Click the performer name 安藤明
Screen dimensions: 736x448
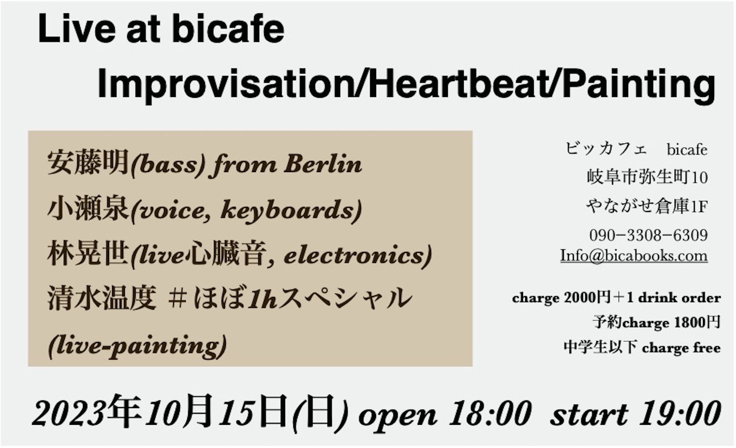pos(88,162)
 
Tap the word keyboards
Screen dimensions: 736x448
pos(291,210)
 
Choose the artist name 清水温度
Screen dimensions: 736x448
pos(101,298)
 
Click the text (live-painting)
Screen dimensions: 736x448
pos(137,346)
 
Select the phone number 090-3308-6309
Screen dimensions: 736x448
pos(648,235)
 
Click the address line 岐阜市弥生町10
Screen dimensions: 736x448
pos(647,177)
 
